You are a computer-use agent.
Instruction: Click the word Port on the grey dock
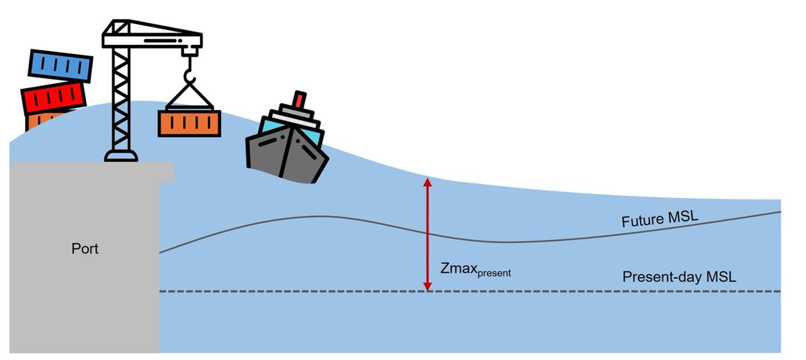coord(85,249)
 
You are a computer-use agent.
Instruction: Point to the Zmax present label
coord(476,270)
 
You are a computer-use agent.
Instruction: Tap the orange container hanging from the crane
coord(189,123)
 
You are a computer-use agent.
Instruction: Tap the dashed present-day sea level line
coord(571,291)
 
